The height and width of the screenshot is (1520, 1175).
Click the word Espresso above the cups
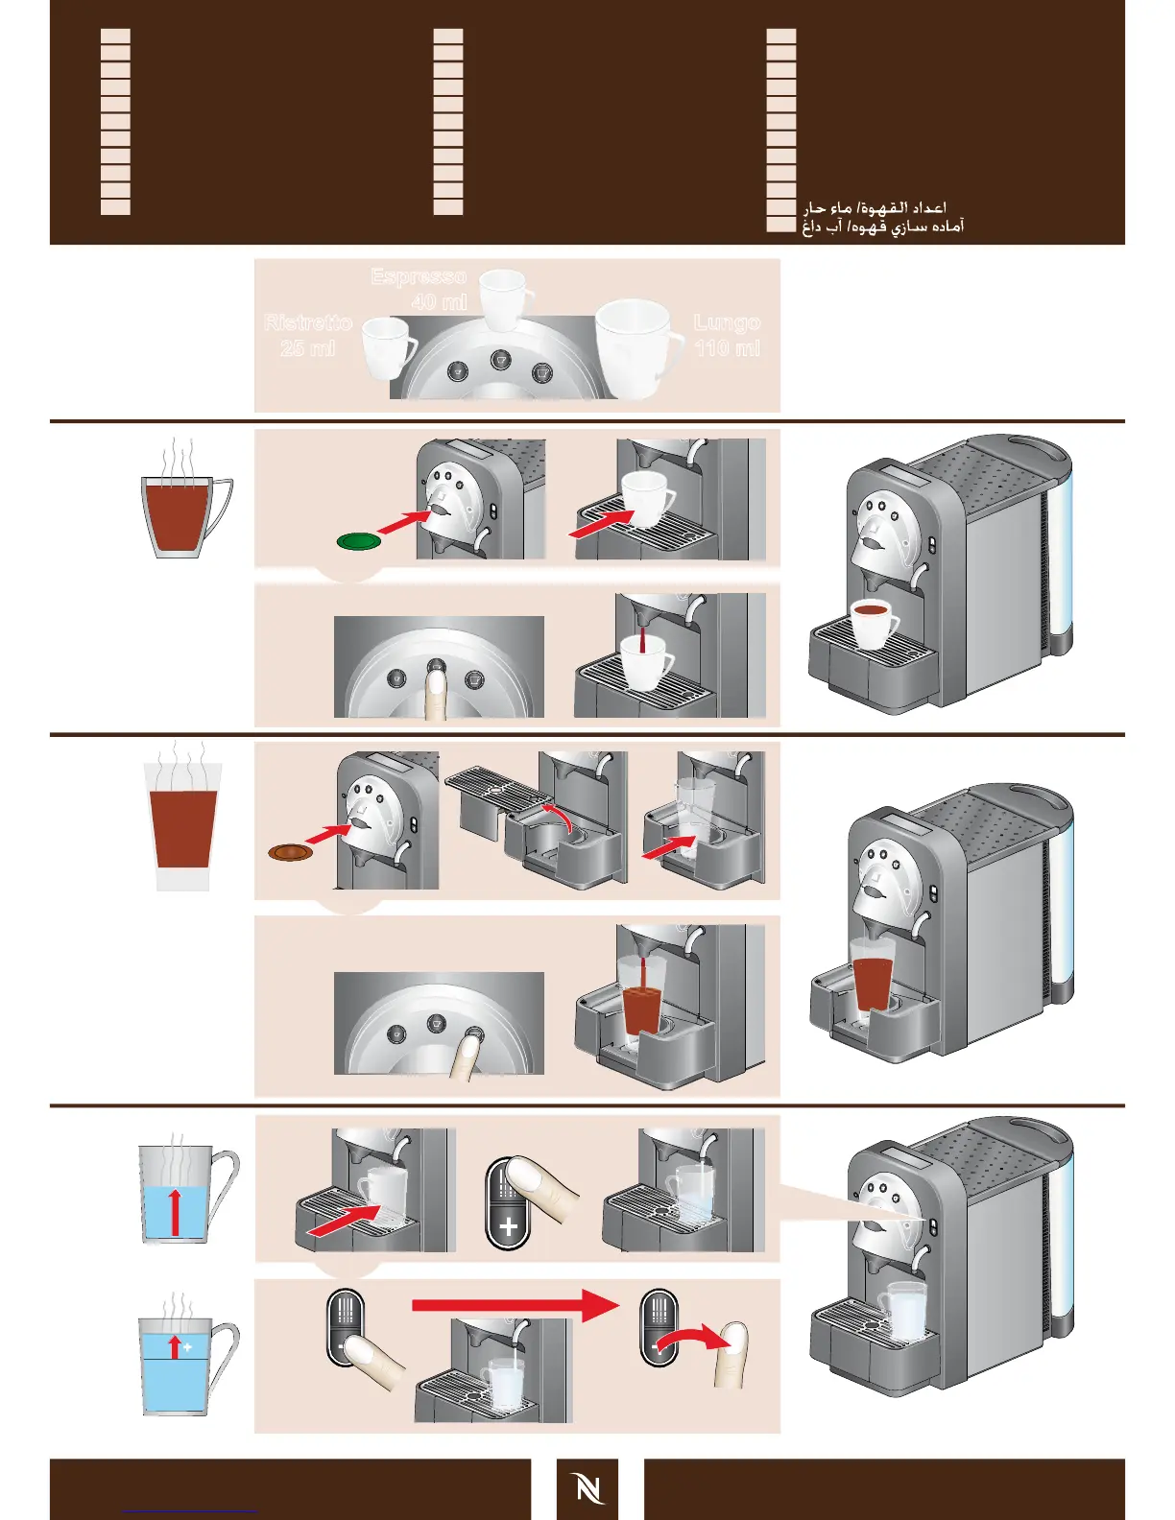pyautogui.click(x=419, y=277)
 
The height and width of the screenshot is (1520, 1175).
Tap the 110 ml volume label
pyautogui.click(x=727, y=348)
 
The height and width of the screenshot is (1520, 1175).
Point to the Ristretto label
pyautogui.click(x=308, y=322)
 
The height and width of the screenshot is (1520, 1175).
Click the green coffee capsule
pyautogui.click(x=359, y=541)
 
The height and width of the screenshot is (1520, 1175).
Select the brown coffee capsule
pyautogui.click(x=291, y=851)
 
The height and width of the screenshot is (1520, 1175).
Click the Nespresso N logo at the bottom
pyautogui.click(x=587, y=1489)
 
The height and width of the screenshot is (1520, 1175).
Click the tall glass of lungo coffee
pyautogui.click(x=182, y=825)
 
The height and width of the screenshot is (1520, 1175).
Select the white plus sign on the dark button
pyautogui.click(x=509, y=1226)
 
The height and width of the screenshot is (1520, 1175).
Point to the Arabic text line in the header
pyautogui.click(x=875, y=207)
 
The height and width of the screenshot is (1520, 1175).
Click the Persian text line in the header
pyautogui.click(x=883, y=226)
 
